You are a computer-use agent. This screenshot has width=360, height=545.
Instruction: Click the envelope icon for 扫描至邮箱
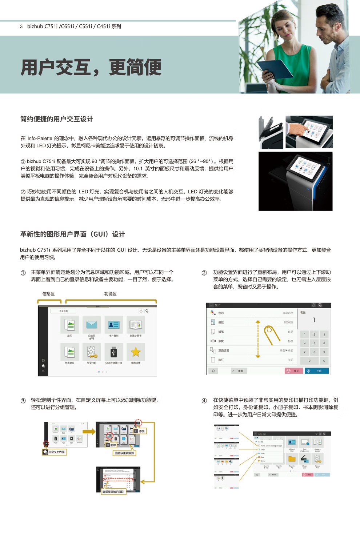pos(92,325)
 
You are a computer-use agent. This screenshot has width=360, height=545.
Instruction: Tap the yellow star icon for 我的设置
pos(136,352)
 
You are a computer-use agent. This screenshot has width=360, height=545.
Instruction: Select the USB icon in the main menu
pos(114,352)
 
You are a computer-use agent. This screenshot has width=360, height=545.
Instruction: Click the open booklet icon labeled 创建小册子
pos(136,325)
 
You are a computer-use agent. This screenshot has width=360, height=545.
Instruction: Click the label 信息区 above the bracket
pos(48,294)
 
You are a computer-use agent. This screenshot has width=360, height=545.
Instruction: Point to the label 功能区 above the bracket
pos(110,294)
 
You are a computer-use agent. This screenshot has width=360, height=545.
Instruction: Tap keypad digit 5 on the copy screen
pos(314,343)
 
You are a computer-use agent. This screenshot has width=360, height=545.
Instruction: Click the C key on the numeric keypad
pos(324,361)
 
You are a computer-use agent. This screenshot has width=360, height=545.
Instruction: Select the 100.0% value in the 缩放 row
pos(288,322)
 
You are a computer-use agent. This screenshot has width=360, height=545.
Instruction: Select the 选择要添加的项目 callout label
pos(113,492)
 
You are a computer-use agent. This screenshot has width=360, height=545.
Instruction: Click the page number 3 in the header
pos(21,27)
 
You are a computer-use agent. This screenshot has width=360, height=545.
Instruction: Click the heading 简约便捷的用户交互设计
pos(57,119)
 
